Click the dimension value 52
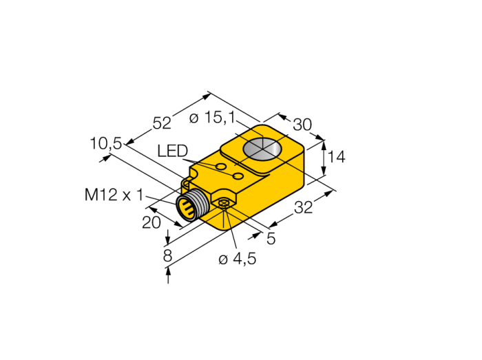tap(162, 123)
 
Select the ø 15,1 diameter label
tap(212, 117)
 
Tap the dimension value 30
tap(302, 125)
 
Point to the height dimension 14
tap(337, 157)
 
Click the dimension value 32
tap(304, 207)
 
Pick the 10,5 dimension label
tap(106, 143)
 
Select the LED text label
tap(172, 151)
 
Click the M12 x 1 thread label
tap(114, 195)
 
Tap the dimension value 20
tap(151, 222)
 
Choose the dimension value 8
tap(167, 255)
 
